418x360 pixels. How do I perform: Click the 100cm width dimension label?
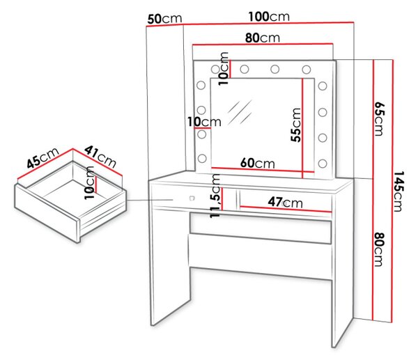click(269, 17)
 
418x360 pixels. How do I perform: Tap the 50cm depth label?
click(164, 19)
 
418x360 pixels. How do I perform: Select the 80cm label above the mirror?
click(263, 38)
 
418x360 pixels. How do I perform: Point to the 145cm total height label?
click(398, 191)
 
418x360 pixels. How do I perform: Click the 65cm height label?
click(380, 118)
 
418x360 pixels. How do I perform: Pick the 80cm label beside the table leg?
click(379, 249)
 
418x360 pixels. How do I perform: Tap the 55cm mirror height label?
click(296, 125)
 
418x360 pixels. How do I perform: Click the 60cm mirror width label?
click(257, 163)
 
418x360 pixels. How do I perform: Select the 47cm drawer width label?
click(285, 202)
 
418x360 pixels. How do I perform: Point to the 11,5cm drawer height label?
click(215, 196)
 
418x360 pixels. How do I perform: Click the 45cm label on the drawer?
click(42, 157)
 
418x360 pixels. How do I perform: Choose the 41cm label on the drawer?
click(100, 157)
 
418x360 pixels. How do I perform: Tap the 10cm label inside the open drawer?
click(89, 183)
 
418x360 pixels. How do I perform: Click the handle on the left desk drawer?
click(192, 198)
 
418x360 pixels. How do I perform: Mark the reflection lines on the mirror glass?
click(240, 112)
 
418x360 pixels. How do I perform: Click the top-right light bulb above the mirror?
click(307, 70)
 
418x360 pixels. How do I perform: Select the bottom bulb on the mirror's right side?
click(323, 164)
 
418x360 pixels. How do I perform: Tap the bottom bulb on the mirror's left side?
click(202, 158)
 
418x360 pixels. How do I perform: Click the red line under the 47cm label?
click(286, 209)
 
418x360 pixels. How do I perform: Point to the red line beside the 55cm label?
click(302, 128)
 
